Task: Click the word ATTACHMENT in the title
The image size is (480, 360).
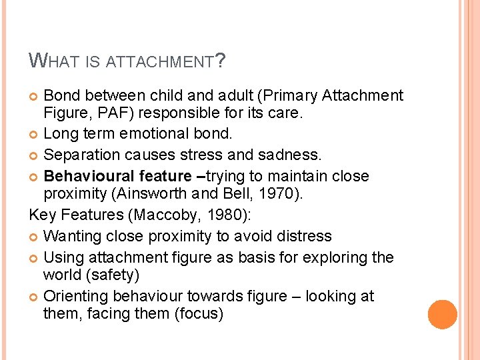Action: (x=161, y=63)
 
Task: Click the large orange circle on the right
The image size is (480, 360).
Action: (x=442, y=315)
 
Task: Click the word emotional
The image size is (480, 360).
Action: (x=153, y=133)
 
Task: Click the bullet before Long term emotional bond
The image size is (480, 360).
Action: (x=35, y=134)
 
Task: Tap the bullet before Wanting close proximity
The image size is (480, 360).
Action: (x=35, y=237)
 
